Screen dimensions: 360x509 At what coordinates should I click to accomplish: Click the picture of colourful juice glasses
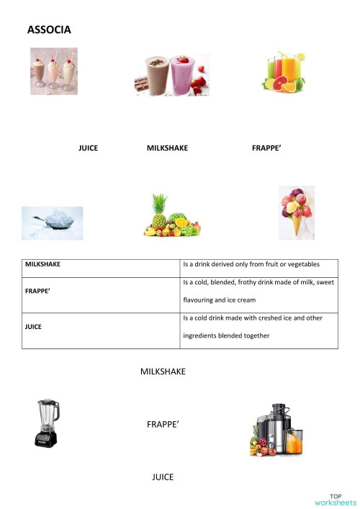(x=282, y=72)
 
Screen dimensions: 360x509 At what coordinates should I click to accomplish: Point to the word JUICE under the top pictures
(x=88, y=148)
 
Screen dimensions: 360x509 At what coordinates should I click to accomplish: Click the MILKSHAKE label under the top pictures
(x=167, y=148)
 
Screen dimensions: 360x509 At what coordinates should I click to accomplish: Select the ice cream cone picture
(x=296, y=212)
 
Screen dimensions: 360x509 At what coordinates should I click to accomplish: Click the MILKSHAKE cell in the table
(x=43, y=264)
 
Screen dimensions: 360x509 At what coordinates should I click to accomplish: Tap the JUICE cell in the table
(x=33, y=327)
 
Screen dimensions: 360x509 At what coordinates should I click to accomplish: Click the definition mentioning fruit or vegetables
(x=251, y=264)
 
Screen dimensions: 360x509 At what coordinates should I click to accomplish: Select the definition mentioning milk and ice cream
(x=258, y=291)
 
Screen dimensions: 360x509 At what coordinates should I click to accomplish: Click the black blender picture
(x=46, y=423)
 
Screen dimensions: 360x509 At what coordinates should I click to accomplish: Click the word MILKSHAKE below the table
(x=163, y=371)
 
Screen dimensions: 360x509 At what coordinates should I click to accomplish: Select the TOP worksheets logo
(x=336, y=499)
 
